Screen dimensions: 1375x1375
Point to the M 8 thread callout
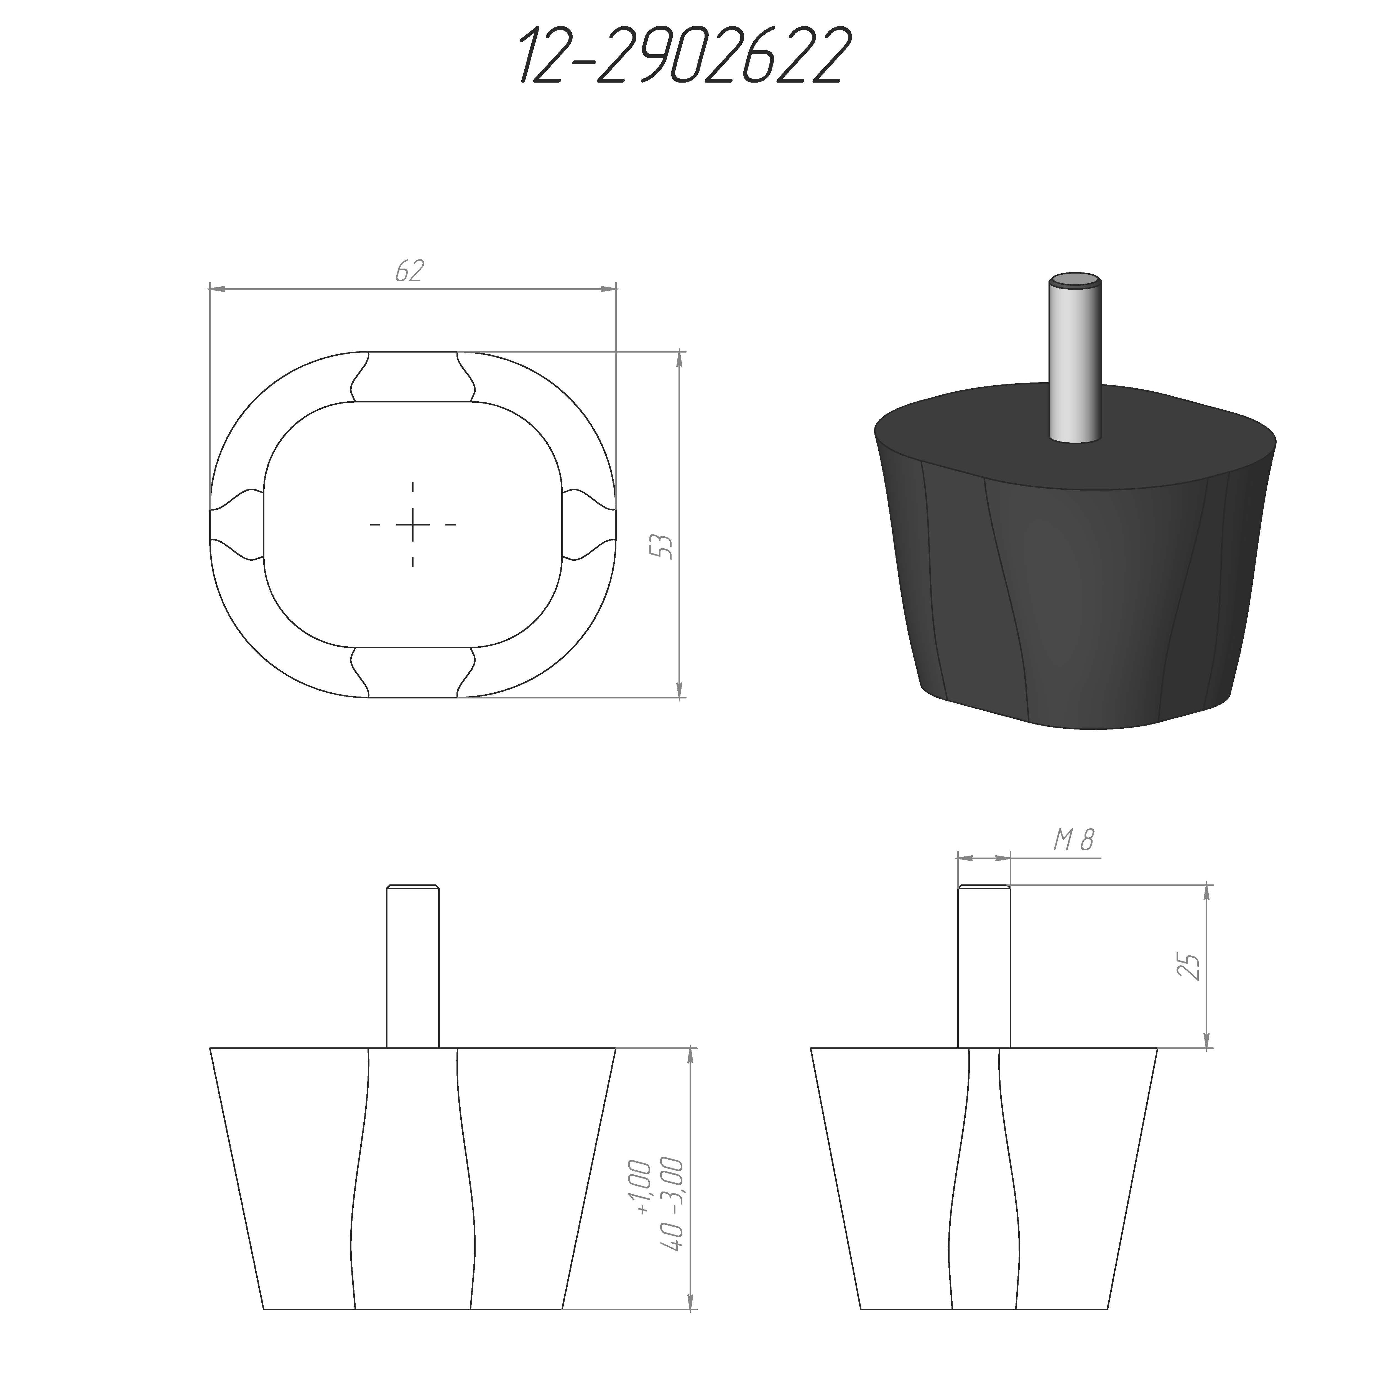coord(1073,841)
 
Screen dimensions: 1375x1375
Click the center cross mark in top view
coord(413,524)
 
